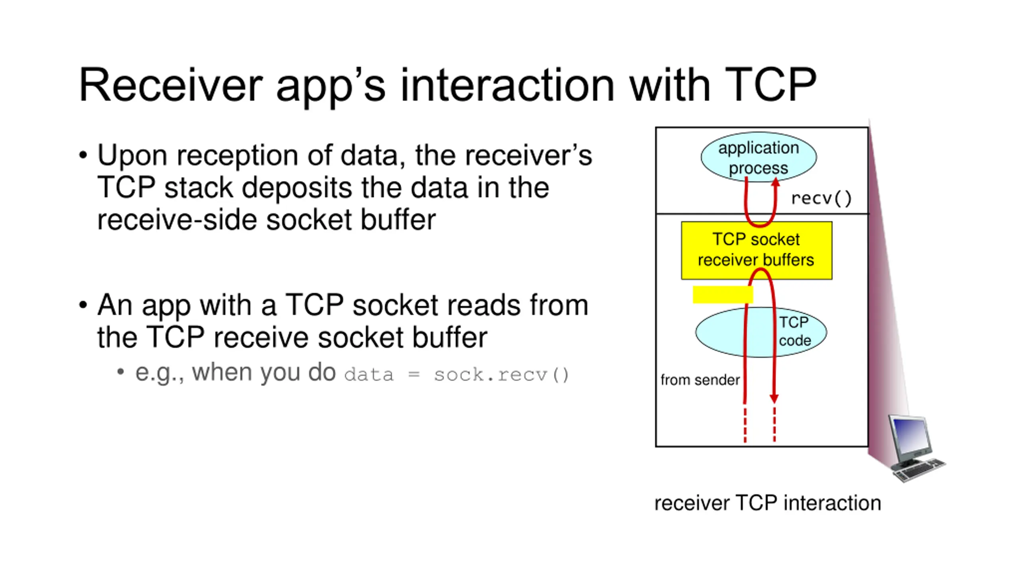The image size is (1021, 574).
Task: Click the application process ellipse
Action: coord(759,157)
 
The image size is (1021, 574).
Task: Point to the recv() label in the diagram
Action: coord(821,198)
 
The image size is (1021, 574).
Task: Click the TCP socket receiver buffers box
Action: coord(757,250)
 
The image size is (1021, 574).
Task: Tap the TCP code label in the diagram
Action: coord(794,331)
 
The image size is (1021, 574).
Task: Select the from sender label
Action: coord(700,380)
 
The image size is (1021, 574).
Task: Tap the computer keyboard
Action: coord(919,470)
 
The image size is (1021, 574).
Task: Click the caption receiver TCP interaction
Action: coord(768,503)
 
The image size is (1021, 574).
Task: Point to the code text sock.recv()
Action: coord(501,375)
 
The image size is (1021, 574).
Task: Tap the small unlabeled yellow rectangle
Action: coord(722,295)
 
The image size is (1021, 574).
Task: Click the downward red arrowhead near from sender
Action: coord(774,399)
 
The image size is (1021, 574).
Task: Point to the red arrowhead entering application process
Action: coord(775,182)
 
